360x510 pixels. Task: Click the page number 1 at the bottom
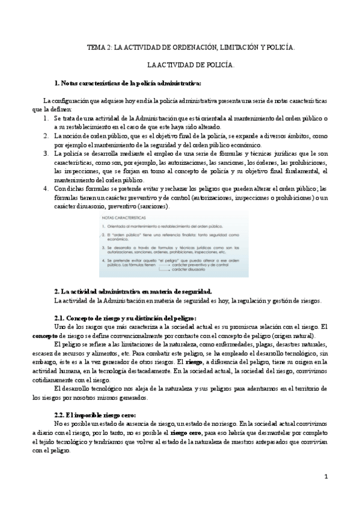[325, 477]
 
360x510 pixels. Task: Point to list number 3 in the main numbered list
[46, 153]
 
